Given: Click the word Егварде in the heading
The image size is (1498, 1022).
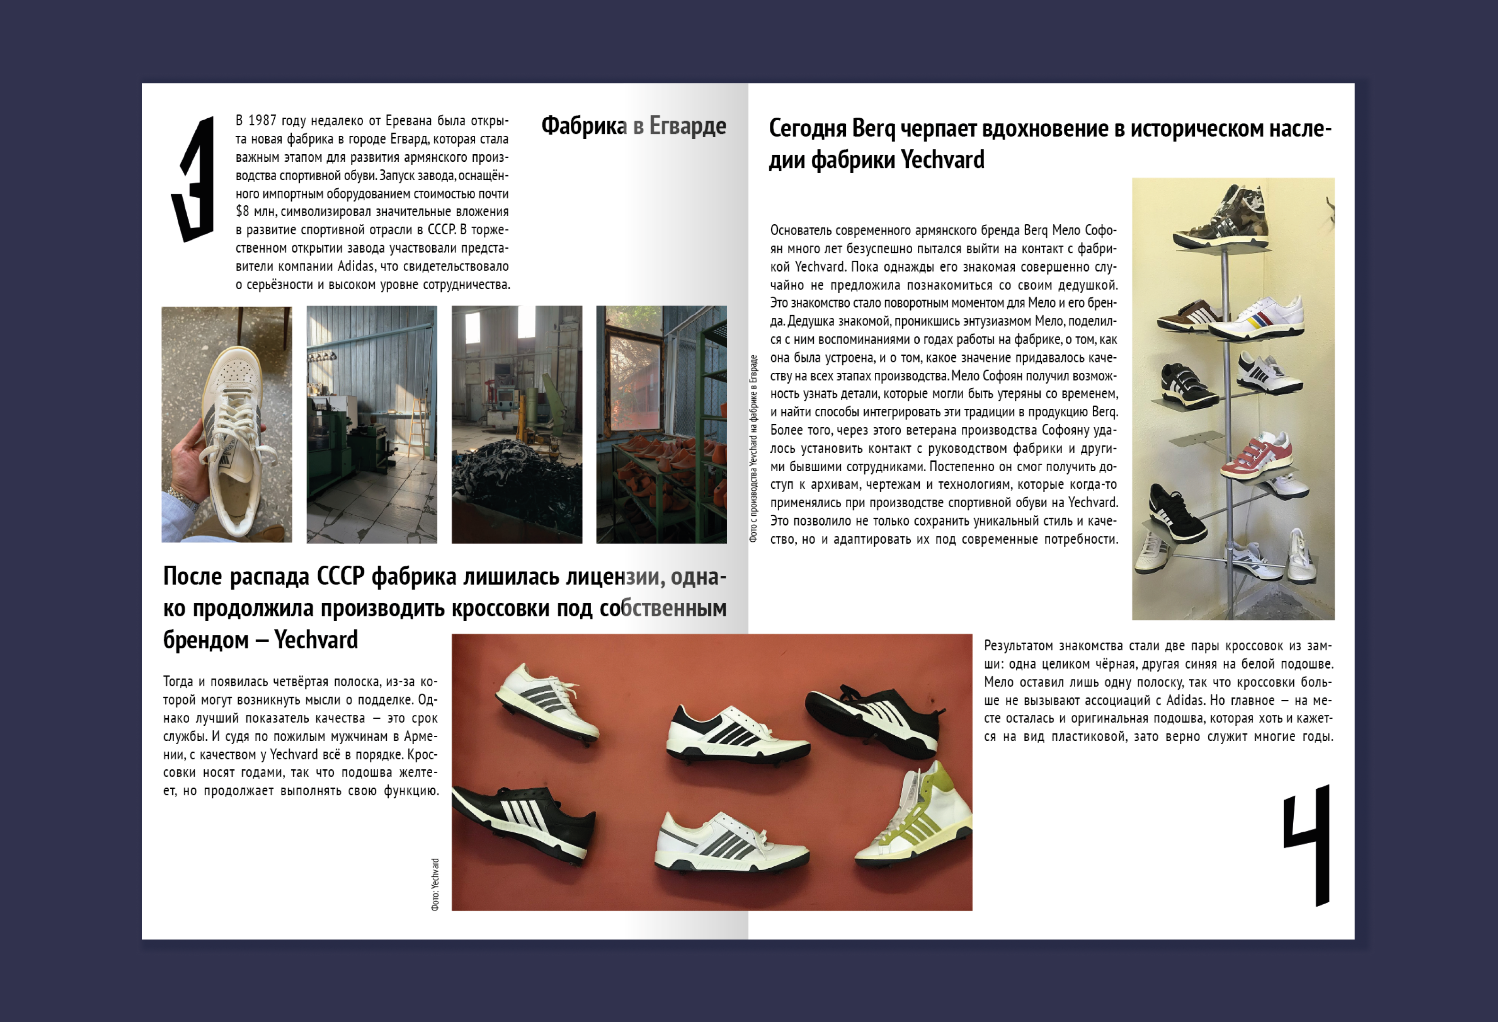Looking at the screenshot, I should tap(687, 126).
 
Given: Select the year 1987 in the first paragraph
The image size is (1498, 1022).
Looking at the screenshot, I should tap(262, 121).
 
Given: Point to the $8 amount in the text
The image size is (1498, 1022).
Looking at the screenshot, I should tap(243, 211).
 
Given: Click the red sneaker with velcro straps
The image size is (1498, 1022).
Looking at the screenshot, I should tap(1257, 458).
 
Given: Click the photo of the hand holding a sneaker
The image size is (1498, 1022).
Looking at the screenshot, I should tap(226, 424).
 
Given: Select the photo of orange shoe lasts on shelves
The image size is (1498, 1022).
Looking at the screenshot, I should tap(662, 424).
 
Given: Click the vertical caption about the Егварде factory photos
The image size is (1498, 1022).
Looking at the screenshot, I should tap(753, 448).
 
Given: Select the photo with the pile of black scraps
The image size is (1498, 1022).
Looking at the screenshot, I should tap(516, 424).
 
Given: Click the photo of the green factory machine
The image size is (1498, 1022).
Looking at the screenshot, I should tap(371, 424).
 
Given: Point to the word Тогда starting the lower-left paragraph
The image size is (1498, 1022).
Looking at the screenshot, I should tap(178, 681).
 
